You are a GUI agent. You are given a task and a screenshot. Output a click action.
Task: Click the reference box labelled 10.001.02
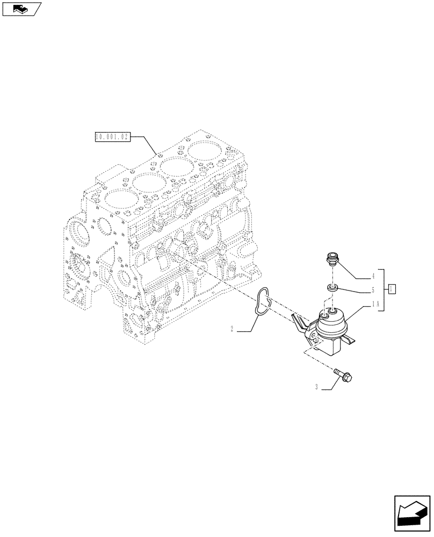[x=112, y=137]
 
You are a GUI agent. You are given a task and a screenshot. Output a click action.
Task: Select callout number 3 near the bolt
[x=317, y=387]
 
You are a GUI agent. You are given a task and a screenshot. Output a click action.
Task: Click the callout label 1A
[x=375, y=304]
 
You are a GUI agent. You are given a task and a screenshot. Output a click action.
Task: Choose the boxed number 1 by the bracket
[x=393, y=289]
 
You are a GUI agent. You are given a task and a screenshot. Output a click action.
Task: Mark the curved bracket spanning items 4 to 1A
[x=382, y=290]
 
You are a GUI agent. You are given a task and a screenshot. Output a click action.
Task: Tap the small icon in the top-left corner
[x=21, y=9]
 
